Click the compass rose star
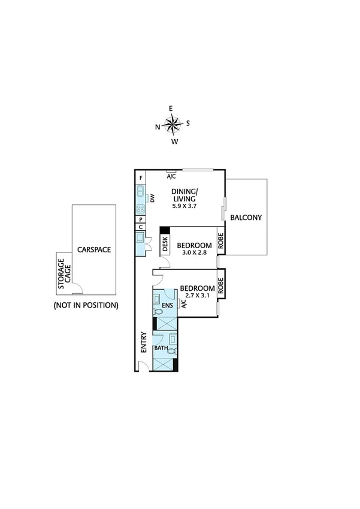[173, 125]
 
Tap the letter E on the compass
[171, 109]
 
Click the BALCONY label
[246, 218]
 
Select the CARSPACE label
[93, 249]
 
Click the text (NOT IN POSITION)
[86, 305]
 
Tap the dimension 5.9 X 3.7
[185, 206]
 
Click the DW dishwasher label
[152, 199]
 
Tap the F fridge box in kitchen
[141, 178]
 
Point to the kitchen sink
[141, 193]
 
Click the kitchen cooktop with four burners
[141, 209]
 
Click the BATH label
[161, 348]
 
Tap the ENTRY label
[143, 342]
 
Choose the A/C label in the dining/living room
[171, 176]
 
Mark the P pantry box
[141, 220]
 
